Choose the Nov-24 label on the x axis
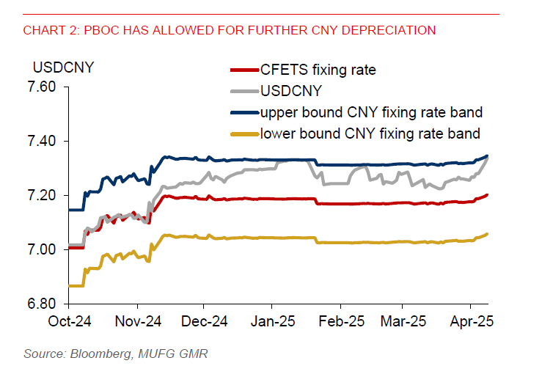pyautogui.click(x=137, y=321)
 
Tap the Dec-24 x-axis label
pyautogui.click(x=205, y=321)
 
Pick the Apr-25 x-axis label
pyautogui.click(x=469, y=321)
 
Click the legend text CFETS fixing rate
pyautogui.click(x=318, y=70)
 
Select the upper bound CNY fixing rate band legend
pyautogui.click(x=370, y=113)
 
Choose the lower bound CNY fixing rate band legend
pyautogui.click(x=370, y=134)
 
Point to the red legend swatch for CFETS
pyautogui.click(x=244, y=71)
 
